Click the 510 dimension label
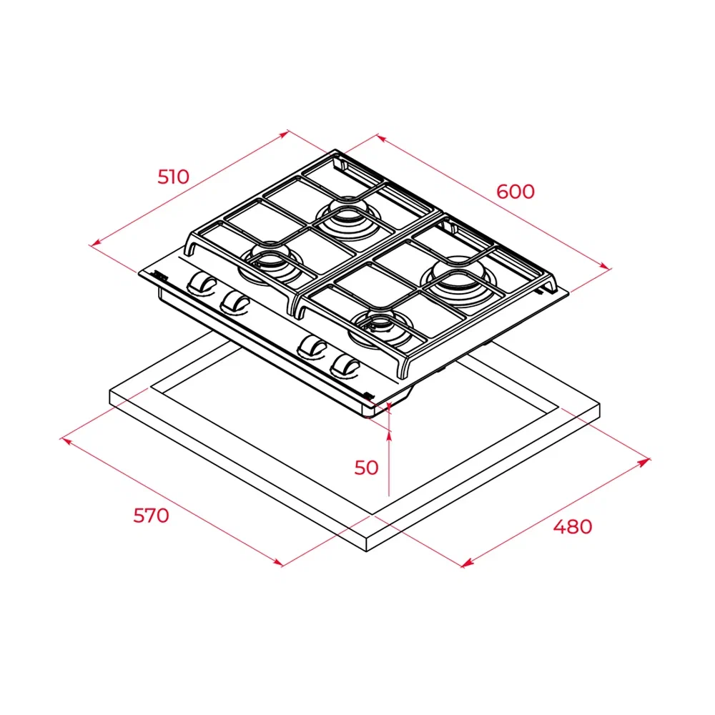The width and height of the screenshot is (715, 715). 173,177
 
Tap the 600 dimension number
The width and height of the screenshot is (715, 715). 516,192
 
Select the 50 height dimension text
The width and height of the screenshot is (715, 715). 366,468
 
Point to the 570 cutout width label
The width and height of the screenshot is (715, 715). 151,516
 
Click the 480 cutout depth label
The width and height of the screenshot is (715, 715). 573,527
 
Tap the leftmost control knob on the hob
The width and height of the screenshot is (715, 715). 201,282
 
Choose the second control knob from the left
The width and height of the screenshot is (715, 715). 235,302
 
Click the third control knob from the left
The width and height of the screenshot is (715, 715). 312,347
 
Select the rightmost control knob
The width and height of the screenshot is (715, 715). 345,365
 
